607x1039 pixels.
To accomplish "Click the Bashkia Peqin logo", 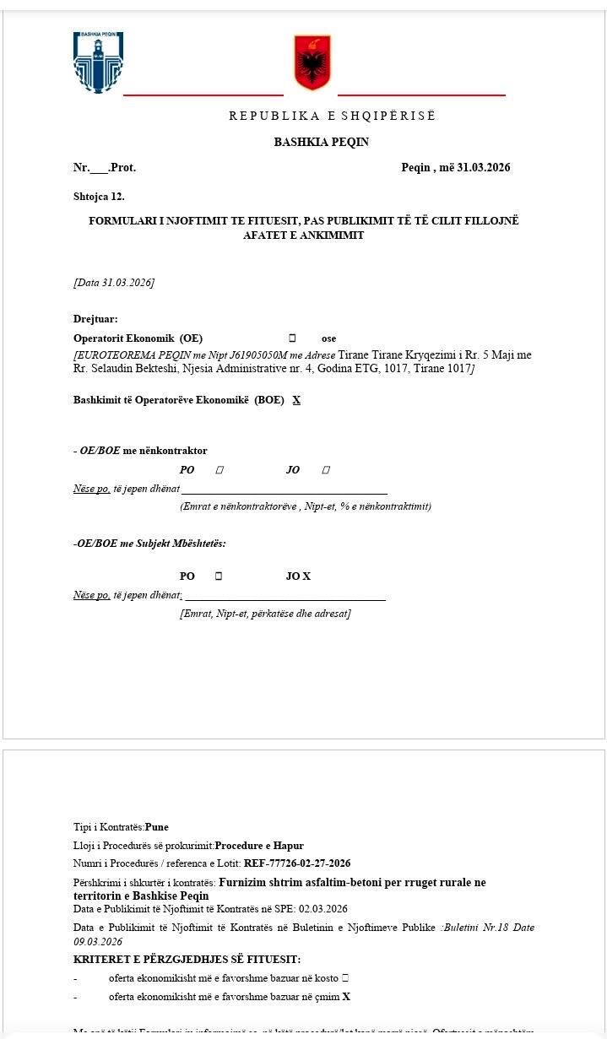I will [98, 62].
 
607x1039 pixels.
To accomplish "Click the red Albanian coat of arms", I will [312, 62].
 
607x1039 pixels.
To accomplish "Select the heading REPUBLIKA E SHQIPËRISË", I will [332, 116].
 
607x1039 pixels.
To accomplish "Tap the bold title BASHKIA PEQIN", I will [321, 142].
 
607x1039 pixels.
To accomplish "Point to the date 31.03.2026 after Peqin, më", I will [483, 167].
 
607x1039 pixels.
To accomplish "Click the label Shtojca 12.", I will [99, 197].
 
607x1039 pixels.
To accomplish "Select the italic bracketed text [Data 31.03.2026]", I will [114, 282].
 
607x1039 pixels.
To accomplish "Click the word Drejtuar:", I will [95, 319].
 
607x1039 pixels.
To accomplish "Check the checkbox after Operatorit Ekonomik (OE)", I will [292, 338].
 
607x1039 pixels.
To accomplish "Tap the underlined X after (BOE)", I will [296, 400].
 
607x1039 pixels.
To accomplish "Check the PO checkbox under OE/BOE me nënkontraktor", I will [219, 470].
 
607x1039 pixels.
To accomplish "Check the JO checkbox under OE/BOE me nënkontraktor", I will [326, 470].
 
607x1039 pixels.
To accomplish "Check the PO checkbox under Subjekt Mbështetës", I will [218, 576].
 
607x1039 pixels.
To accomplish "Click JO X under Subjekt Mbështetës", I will [298, 576].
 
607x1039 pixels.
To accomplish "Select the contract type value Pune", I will [157, 827].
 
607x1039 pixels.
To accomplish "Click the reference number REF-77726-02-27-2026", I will [297, 863].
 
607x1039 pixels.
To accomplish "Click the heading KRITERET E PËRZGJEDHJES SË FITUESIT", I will [187, 960].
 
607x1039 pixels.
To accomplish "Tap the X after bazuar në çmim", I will [346, 997].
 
